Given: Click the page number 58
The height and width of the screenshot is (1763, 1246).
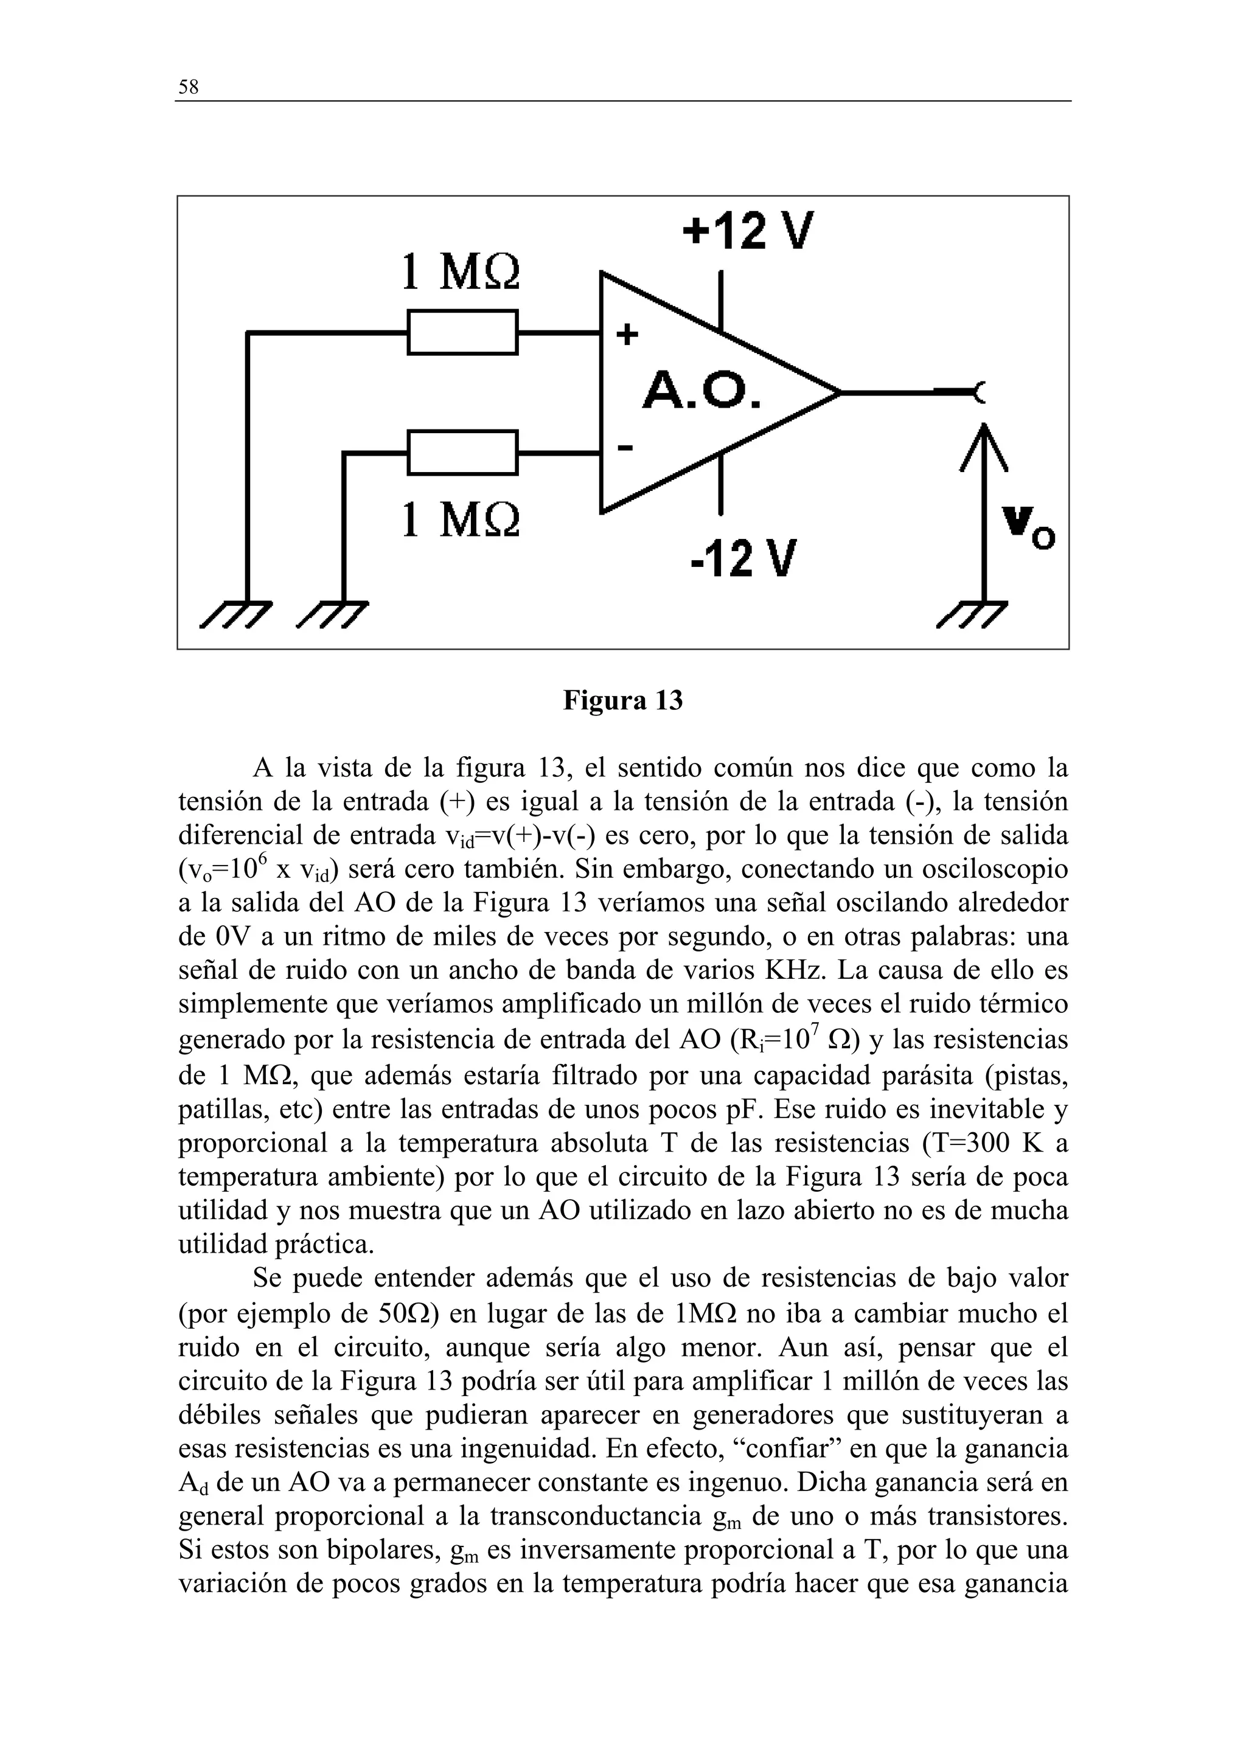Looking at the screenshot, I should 188,88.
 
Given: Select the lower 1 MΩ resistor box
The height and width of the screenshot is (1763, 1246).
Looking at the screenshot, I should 462,453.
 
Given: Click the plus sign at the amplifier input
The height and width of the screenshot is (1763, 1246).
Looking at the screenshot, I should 627,335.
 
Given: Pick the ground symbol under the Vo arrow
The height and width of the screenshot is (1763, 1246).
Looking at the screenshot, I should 973,614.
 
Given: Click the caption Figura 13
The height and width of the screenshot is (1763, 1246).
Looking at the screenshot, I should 622,701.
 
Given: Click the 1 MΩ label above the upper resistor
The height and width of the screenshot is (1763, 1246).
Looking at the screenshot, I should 461,272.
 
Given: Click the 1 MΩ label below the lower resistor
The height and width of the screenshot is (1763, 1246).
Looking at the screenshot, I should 461,520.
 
